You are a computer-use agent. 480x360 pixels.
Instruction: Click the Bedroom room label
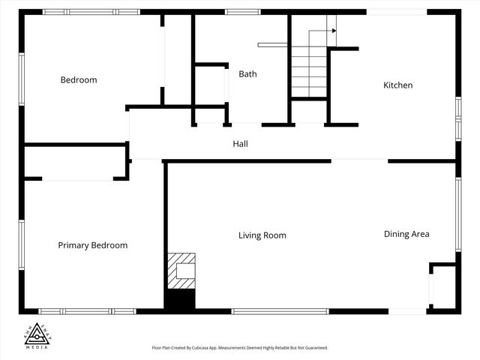(79, 80)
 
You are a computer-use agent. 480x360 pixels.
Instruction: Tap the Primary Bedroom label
(93, 245)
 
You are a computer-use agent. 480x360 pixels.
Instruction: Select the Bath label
(247, 74)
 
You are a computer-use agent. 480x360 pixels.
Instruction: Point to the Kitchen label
(397, 85)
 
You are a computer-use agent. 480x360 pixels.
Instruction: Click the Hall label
(240, 144)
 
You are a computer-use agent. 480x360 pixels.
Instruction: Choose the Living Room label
(262, 235)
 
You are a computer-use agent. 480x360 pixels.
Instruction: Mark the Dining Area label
(406, 234)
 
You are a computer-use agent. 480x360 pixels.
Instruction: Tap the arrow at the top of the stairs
(332, 31)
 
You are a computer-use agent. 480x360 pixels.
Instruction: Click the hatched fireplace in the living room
(181, 271)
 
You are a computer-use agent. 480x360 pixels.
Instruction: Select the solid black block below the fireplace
(179, 299)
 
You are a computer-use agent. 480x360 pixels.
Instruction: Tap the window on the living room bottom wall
(280, 311)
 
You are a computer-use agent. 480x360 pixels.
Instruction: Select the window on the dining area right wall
(458, 213)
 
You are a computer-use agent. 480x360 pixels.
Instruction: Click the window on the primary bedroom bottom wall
(87, 311)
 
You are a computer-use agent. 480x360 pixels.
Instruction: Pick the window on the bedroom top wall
(91, 12)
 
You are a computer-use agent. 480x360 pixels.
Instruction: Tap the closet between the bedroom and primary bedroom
(74, 161)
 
